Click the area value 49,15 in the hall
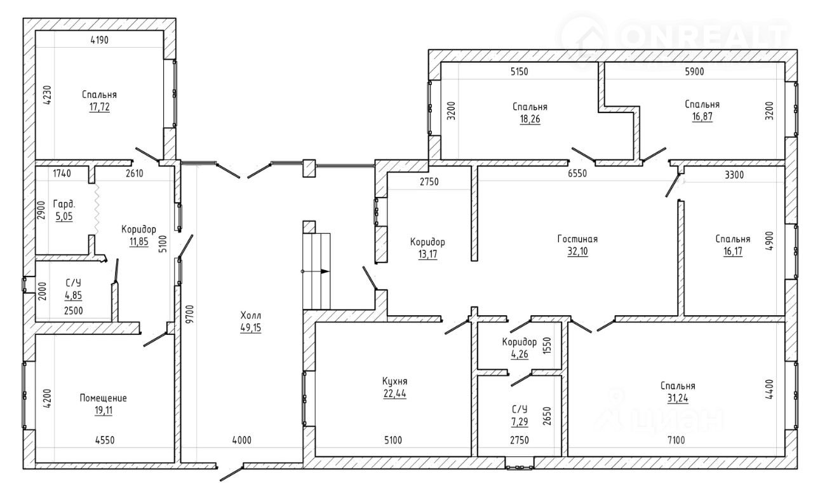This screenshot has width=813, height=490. pyautogui.click(x=250, y=328)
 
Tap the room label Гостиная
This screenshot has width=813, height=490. pyautogui.click(x=577, y=239)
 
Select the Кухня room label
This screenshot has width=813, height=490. pyautogui.click(x=394, y=381)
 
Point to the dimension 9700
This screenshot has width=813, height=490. pyautogui.click(x=190, y=314)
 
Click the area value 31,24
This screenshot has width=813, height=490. pyautogui.click(x=678, y=398)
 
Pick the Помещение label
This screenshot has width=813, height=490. pyautogui.click(x=103, y=398)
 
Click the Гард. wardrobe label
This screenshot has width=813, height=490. pyautogui.click(x=64, y=204)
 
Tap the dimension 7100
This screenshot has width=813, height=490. pyautogui.click(x=676, y=440)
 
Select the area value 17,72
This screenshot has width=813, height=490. pyautogui.click(x=100, y=107)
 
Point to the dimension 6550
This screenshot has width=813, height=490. pyautogui.click(x=577, y=174)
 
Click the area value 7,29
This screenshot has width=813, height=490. pyautogui.click(x=520, y=422)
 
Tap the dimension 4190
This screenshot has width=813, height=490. pyautogui.click(x=100, y=40)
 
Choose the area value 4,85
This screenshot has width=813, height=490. pyautogui.click(x=73, y=296)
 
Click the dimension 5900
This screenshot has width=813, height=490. pyautogui.click(x=694, y=72)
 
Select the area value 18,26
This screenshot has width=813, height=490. pyautogui.click(x=530, y=119)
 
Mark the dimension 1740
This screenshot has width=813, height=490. pyautogui.click(x=62, y=174)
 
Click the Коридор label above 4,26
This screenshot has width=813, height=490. pyautogui.click(x=520, y=342)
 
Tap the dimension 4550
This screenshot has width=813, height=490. pyautogui.click(x=105, y=440)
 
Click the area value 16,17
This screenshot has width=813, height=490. pyautogui.click(x=733, y=252)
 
